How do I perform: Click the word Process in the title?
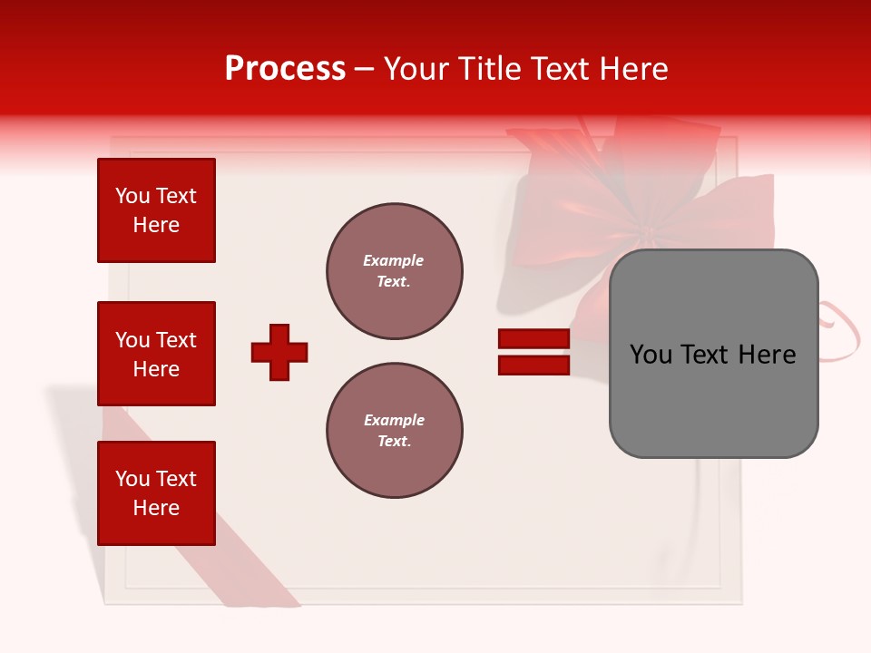[x=285, y=69]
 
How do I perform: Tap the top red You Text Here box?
[x=156, y=210]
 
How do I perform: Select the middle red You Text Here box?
[x=156, y=354]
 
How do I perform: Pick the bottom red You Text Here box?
[x=156, y=492]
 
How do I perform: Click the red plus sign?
[x=279, y=352]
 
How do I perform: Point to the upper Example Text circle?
[x=395, y=271]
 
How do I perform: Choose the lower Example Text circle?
[x=395, y=431]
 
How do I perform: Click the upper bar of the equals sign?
[x=533, y=338]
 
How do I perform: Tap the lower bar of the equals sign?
[x=533, y=365]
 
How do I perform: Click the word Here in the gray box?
[x=767, y=355]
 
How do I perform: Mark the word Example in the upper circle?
[x=393, y=260]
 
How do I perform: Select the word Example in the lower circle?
[x=394, y=420]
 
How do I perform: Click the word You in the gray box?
[x=651, y=355]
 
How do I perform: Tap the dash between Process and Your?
[x=365, y=69]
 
